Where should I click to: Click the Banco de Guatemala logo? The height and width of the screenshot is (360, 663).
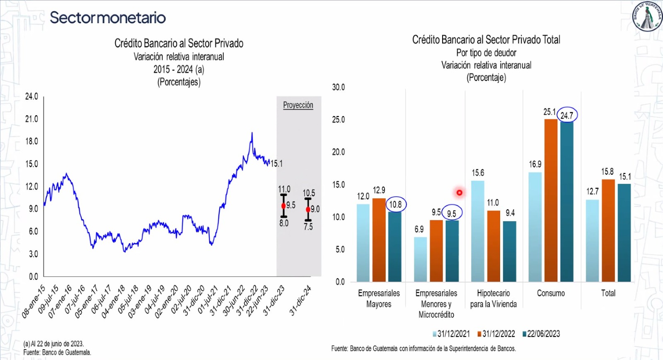pyautogui.click(x=647, y=16)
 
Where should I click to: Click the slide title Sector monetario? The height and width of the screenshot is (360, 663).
pyautogui.click(x=108, y=18)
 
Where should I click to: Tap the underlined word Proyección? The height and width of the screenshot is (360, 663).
pyautogui.click(x=298, y=105)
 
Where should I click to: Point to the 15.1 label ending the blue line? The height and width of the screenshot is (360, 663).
pyautogui.click(x=276, y=164)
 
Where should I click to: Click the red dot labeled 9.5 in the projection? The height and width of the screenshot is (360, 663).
pyautogui.click(x=283, y=206)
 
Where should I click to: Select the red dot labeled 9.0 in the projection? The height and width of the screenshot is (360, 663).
pyautogui.click(x=308, y=210)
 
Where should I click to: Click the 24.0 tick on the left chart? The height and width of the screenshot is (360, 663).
pyautogui.click(x=31, y=97)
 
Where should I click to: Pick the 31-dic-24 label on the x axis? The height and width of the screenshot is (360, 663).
pyautogui.click(x=300, y=301)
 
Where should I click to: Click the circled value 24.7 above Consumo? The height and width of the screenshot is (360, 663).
pyautogui.click(x=566, y=115)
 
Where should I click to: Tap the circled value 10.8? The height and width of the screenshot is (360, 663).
pyautogui.click(x=395, y=204)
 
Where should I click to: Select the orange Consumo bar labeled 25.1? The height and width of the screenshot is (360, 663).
pyautogui.click(x=551, y=200)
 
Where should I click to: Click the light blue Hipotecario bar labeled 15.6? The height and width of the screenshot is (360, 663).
pyautogui.click(x=478, y=231)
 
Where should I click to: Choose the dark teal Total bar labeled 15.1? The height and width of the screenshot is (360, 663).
pyautogui.click(x=624, y=232)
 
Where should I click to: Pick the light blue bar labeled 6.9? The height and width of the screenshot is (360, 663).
pyautogui.click(x=420, y=259)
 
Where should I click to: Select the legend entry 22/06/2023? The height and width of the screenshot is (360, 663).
pyautogui.click(x=541, y=334)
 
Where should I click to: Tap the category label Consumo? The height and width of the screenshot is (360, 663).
pyautogui.click(x=551, y=293)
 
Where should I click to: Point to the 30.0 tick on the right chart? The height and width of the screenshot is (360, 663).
pyautogui.click(x=338, y=87)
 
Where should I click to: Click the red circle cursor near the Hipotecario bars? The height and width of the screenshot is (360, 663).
pyautogui.click(x=459, y=193)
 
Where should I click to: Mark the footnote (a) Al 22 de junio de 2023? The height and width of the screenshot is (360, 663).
pyautogui.click(x=53, y=344)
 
